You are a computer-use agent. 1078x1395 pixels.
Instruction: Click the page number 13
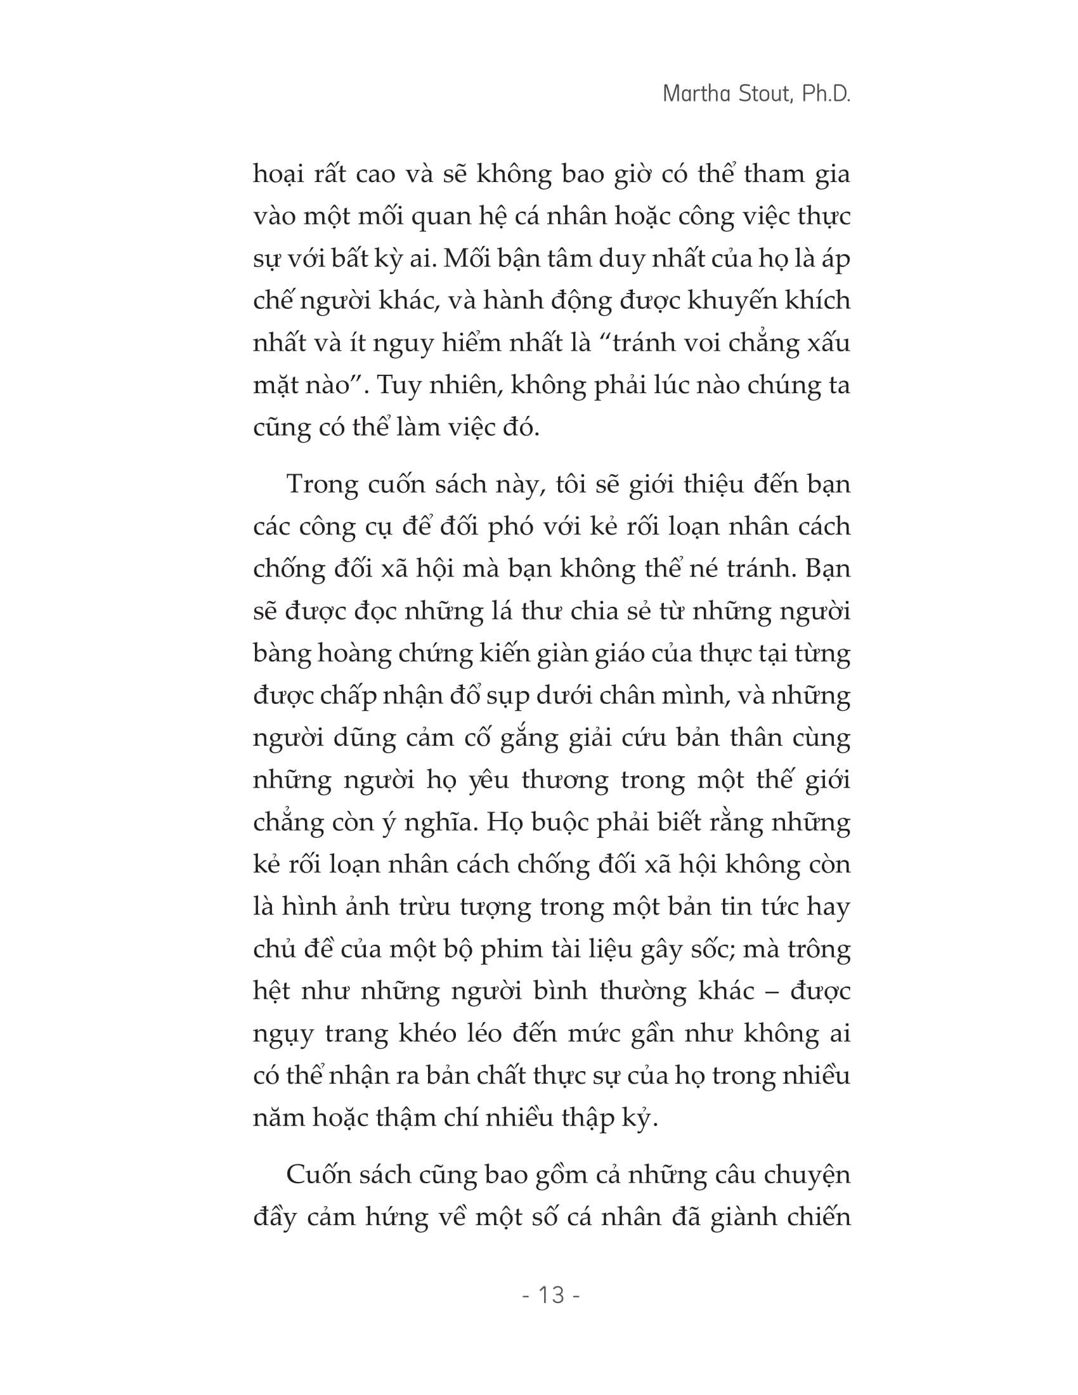pyautogui.click(x=551, y=1295)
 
